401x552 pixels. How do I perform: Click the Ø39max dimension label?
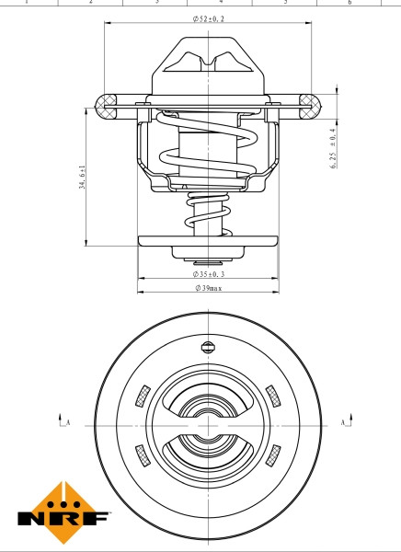tap(208, 289)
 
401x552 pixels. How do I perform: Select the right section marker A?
tap(344, 422)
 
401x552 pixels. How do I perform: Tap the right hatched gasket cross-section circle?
tap(310, 104)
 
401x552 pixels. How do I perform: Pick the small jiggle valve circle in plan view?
tap(207, 348)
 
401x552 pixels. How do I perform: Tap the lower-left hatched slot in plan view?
tap(141, 453)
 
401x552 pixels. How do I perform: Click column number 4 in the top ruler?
tap(222, 3)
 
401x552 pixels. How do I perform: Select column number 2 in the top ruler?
tap(90, 3)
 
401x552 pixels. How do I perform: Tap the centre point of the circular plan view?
tap(207, 424)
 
